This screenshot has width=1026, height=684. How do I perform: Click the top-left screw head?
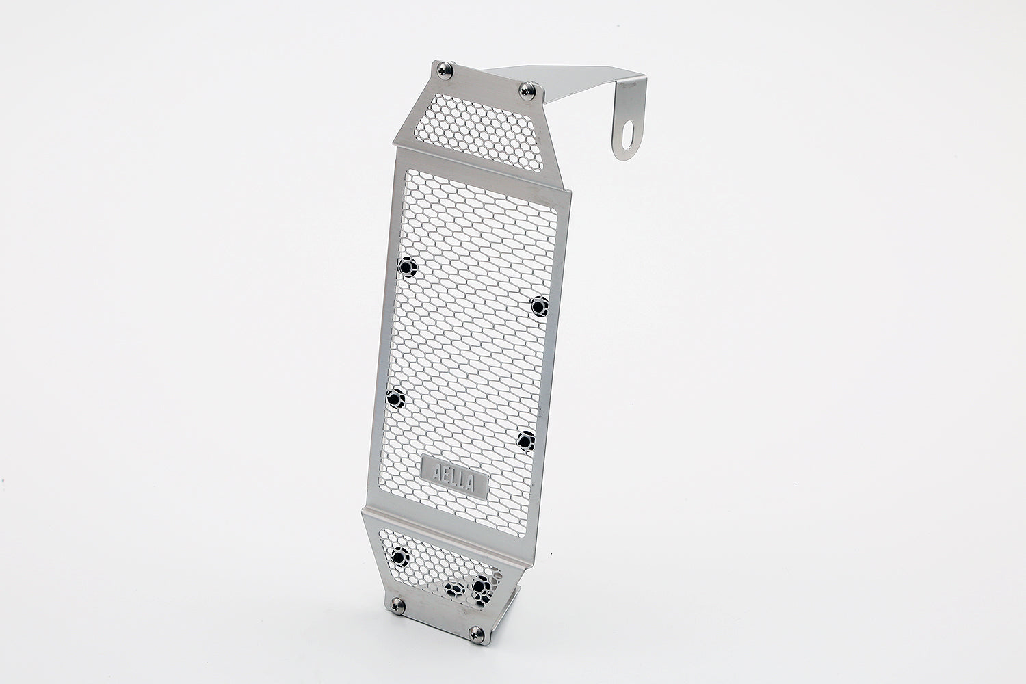tap(445, 70)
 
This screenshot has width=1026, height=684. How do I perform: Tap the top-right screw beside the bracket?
tap(527, 91)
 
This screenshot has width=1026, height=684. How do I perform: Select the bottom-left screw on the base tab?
tap(397, 606)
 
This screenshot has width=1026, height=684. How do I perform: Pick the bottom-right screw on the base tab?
tap(476, 635)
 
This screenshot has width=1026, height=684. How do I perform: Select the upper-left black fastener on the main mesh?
tap(407, 267)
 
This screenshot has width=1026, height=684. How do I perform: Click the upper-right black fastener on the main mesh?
tap(540, 306)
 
